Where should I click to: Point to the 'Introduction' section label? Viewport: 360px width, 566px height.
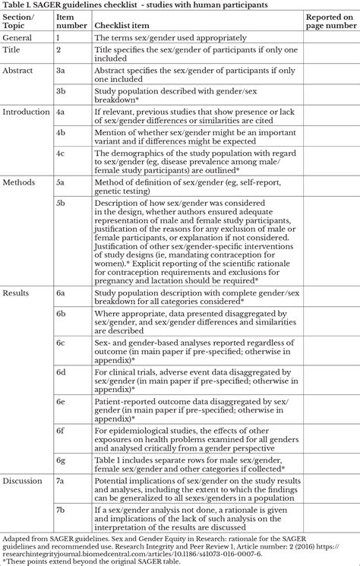click(25, 112)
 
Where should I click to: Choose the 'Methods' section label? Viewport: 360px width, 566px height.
click(19, 183)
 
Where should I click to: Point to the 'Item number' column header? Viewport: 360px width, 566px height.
click(69, 20)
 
